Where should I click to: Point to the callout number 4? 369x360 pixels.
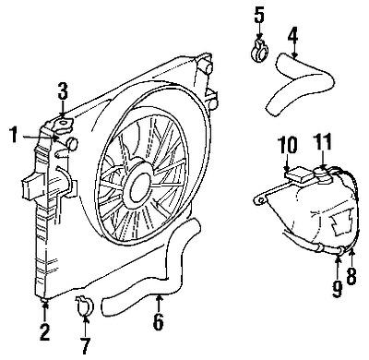[x=292, y=37]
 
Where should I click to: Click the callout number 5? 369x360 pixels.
[x=258, y=15]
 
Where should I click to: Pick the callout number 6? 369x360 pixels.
[x=159, y=324]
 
